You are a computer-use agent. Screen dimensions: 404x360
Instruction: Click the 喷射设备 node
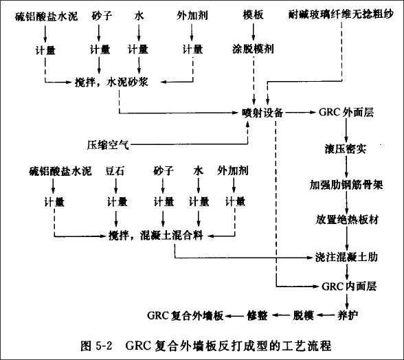pos(262,113)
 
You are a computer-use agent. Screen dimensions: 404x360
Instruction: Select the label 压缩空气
pos(108,146)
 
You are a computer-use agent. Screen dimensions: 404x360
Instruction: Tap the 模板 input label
pos(253,15)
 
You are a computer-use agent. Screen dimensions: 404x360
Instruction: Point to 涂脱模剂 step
pos(253,49)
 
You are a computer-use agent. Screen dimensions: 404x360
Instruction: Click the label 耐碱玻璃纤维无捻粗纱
pos(341,14)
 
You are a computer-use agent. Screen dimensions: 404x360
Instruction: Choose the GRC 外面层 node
pos(346,113)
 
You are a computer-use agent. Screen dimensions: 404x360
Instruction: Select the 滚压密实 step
pos(345,149)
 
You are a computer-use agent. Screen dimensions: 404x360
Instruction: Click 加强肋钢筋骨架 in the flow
pos(346,185)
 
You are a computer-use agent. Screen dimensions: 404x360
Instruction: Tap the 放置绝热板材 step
pos(347,220)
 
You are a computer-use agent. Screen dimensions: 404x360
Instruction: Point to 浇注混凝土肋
pos(346,257)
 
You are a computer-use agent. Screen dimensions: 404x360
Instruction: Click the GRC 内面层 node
pos(349,286)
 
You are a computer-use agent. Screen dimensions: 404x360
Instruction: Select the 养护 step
pos(348,315)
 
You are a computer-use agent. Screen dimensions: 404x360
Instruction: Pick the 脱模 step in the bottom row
pos(303,315)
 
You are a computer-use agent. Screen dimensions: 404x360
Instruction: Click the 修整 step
pos(257,315)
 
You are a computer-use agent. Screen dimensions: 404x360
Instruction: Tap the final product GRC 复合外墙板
pos(186,315)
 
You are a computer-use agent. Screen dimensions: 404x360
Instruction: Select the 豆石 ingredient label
pos(114,171)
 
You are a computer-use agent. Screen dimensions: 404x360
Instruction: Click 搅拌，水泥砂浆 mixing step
pos(111,82)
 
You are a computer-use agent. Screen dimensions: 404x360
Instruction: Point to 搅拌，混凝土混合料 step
pos(155,235)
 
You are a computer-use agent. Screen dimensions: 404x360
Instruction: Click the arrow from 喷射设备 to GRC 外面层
pos(301,113)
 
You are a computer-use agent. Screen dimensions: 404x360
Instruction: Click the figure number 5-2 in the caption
pos(104,346)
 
